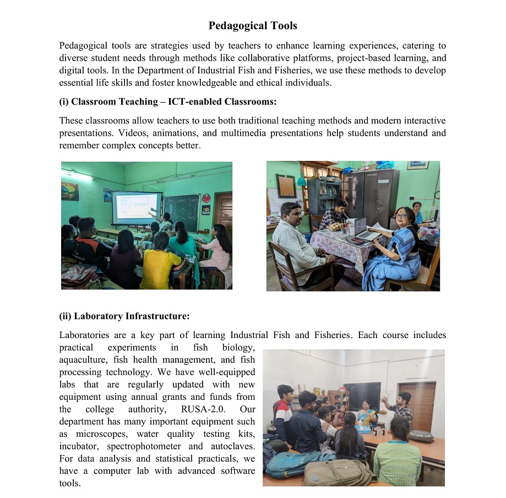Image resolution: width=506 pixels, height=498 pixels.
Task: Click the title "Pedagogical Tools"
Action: point(253,26)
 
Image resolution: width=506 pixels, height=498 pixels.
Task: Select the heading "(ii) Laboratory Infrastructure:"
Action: point(124,316)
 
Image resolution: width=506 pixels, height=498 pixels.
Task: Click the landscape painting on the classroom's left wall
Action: point(70,191)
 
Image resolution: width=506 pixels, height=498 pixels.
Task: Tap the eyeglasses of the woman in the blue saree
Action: point(401,215)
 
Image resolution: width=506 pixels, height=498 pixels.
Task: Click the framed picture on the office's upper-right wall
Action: point(417,165)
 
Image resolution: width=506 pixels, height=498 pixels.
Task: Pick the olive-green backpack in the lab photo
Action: point(337,473)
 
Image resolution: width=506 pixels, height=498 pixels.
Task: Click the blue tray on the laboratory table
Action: point(363,429)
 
